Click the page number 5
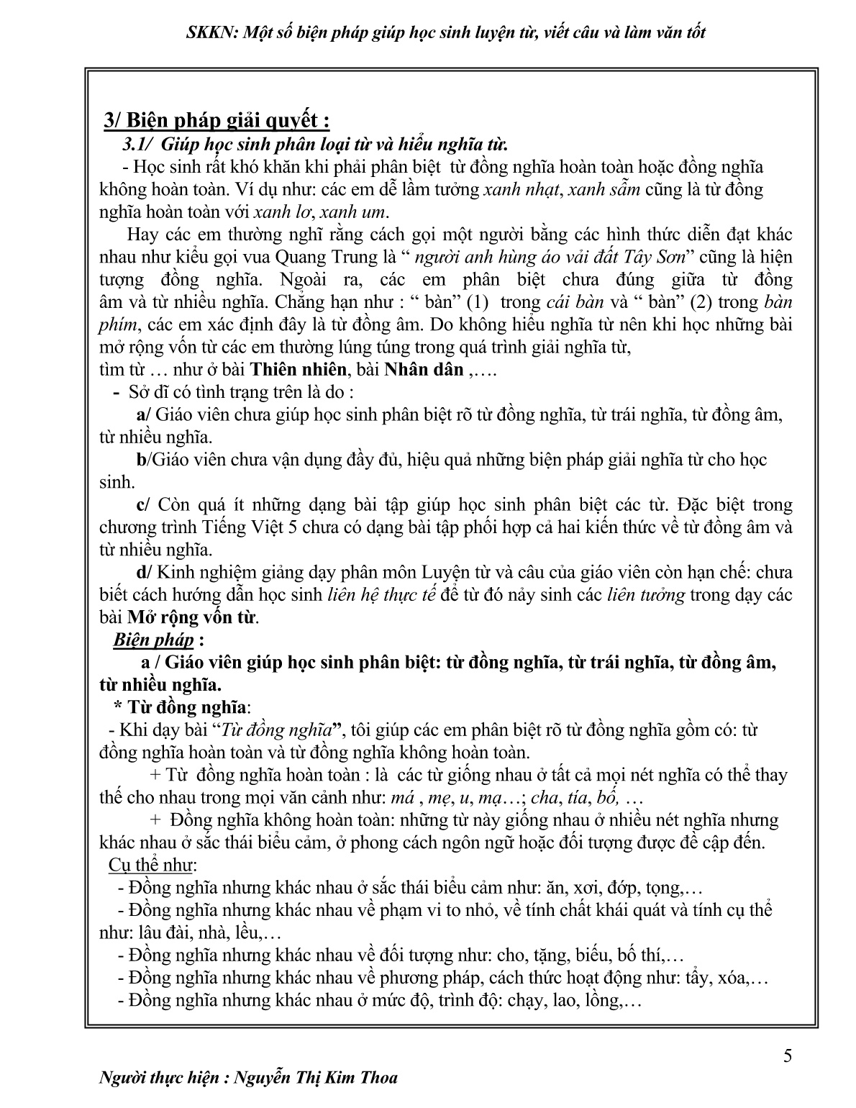pyautogui.click(x=788, y=1056)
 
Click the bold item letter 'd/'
pyautogui.click(x=144, y=573)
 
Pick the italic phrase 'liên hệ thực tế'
pyautogui.click(x=382, y=595)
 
